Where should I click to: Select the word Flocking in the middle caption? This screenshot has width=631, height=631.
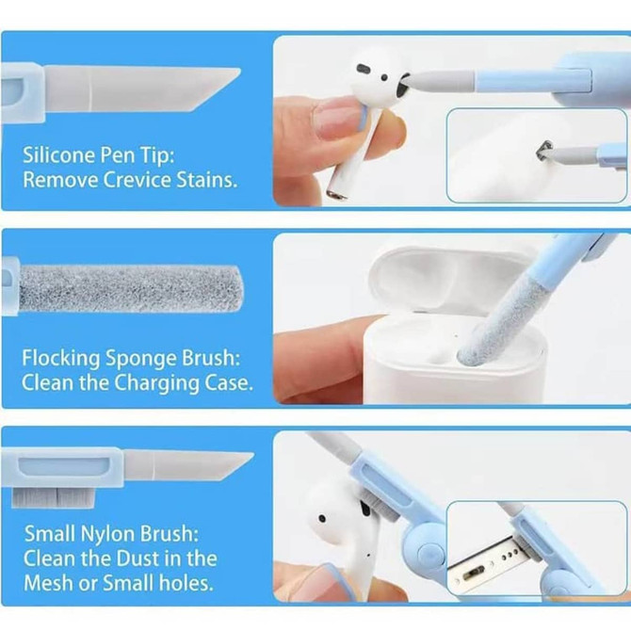60,358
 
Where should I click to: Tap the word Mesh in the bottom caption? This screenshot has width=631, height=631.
48,582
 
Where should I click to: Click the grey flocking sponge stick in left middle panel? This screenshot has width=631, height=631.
122,288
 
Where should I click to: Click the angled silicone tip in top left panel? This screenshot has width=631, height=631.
188,84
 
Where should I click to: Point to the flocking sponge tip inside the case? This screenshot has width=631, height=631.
476,350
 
